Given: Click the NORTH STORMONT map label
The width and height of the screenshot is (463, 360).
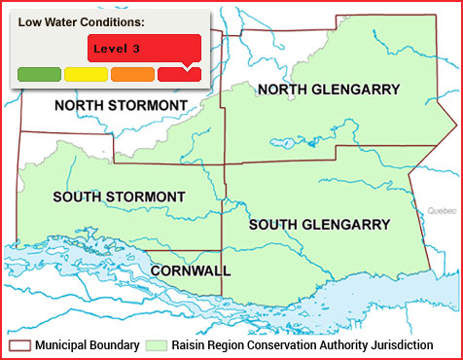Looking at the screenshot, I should [122, 105].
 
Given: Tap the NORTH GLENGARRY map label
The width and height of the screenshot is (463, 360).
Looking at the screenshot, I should [328, 90].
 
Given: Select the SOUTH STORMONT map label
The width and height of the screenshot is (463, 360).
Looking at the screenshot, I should [119, 197].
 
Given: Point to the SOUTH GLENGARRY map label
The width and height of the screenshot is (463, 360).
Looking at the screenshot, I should [319, 225].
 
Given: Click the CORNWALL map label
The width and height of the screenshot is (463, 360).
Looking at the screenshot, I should [191, 270].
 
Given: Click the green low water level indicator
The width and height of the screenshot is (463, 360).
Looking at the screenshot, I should [39, 73].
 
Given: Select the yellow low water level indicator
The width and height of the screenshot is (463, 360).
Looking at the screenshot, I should [86, 73].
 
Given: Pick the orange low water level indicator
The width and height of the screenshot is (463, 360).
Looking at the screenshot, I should [132, 73].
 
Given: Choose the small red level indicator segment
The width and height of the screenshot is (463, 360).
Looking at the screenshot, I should [179, 73].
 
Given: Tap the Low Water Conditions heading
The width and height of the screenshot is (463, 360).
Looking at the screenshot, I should [81, 21].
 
